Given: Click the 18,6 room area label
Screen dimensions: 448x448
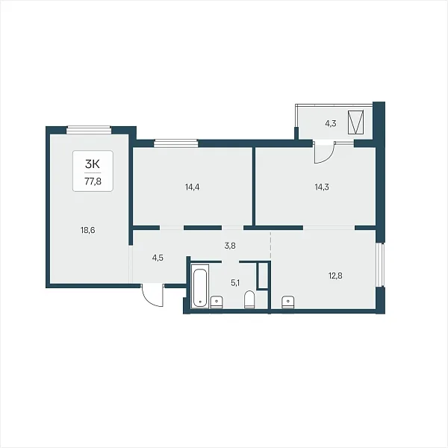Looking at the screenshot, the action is coord(87,230).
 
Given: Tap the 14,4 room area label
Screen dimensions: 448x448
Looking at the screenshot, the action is coord(193,187).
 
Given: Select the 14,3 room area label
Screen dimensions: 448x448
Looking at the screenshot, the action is coord(322,187).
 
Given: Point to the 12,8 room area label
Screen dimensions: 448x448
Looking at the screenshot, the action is coord(335,276).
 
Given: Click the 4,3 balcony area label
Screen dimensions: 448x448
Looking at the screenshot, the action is coord(331,123).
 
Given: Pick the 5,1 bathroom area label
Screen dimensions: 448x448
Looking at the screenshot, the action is coord(235,283).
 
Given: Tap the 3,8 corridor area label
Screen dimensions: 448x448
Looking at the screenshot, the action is coord(230,246).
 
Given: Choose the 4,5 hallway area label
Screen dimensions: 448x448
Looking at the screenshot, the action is coord(158,258).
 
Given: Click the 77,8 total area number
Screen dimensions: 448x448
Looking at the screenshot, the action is coord(93,181).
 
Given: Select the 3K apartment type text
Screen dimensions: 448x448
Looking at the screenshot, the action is coord(93,164).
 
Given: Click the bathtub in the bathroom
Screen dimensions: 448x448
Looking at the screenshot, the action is coord(200,286).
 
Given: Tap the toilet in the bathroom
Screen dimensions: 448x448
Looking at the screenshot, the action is coord(249,299).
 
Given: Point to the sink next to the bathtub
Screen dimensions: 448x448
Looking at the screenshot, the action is coord(217,302).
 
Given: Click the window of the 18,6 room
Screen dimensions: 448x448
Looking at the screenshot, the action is coord(89,130).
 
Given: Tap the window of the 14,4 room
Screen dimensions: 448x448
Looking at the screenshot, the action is coord(175,143).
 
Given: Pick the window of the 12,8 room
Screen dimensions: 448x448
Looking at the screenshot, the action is coord(380,264).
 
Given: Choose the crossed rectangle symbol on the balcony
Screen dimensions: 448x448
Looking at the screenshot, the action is coord(356,122).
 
